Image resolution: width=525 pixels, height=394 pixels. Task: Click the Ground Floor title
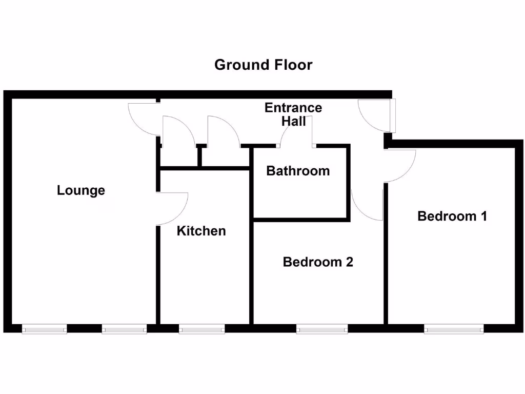point(263,65)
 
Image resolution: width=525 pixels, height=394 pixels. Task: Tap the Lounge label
point(81,190)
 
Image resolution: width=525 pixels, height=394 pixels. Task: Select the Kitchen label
point(201,231)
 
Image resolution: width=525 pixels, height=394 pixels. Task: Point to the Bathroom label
point(298,171)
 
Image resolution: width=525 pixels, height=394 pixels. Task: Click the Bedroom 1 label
point(452,216)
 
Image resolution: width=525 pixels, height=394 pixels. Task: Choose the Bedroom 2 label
point(318,262)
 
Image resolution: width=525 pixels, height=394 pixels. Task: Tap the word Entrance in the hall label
point(293,108)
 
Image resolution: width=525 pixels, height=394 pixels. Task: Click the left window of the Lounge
point(45,329)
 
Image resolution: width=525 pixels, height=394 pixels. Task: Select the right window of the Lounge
point(124,329)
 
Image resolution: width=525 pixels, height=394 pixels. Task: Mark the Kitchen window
point(201,329)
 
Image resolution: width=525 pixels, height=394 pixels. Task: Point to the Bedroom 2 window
point(320,329)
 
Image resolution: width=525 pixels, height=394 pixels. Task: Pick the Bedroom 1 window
point(454,329)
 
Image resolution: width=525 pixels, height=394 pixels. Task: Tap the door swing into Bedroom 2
point(367,203)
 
